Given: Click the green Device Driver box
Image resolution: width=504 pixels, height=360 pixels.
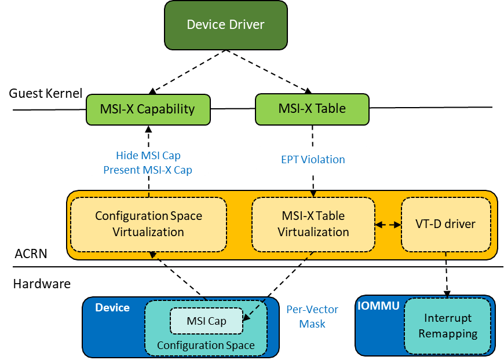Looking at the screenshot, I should point(226,25).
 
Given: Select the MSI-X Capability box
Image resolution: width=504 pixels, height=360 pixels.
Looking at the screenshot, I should point(148,109).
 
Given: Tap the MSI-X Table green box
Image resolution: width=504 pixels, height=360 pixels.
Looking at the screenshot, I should point(312,109).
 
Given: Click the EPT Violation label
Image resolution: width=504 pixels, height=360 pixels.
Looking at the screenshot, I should point(313,160).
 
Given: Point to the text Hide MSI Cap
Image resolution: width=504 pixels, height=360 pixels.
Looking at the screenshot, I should point(148,156).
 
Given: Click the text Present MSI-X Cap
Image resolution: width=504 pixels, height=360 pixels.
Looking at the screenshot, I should point(148,170).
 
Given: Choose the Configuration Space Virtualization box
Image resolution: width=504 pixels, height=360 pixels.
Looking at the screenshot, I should point(148,224).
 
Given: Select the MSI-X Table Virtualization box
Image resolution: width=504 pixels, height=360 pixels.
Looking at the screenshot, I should point(313,224).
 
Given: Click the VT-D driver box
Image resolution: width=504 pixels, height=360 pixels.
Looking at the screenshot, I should point(445,224).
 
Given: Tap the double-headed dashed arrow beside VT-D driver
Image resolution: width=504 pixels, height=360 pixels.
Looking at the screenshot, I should point(388,225).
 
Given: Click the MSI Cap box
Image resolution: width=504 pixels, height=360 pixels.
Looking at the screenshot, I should point(206,321).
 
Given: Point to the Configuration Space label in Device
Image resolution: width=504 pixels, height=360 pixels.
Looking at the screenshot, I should point(206,346).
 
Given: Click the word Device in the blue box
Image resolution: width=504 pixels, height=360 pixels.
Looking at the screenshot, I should point(112,307).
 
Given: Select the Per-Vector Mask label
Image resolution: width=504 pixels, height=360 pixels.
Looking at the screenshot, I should point(312,317).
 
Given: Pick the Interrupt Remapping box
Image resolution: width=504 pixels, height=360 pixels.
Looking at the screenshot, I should point(448,326).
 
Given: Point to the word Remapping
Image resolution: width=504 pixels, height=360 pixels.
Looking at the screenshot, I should point(448,334).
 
